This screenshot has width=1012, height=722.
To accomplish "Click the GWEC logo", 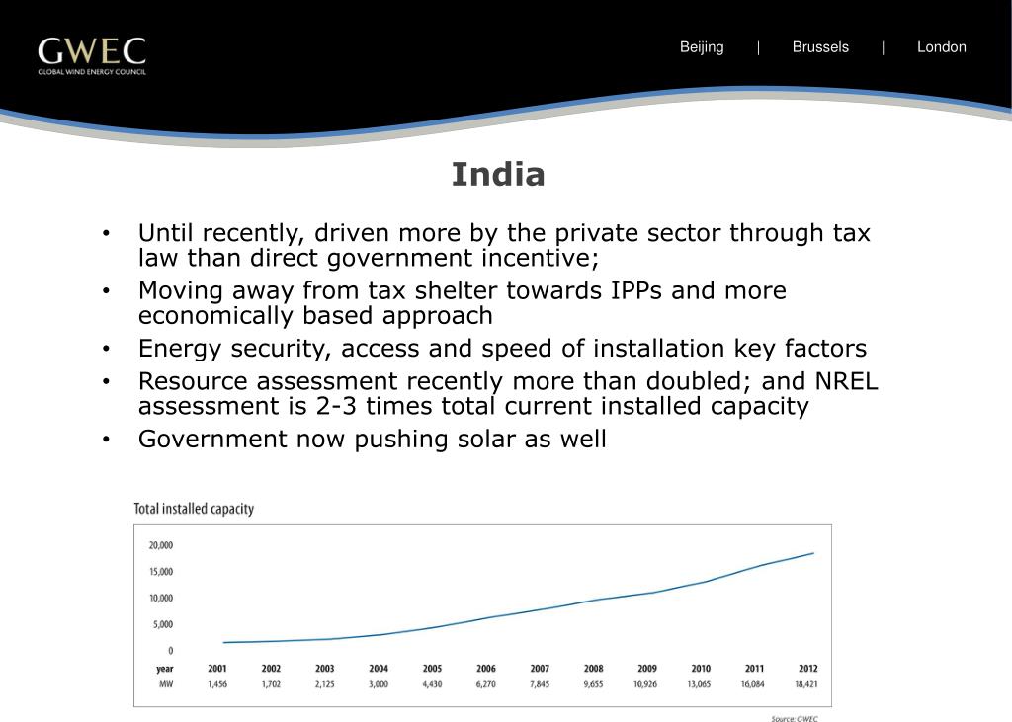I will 92,55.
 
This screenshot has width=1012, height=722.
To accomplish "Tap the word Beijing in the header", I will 702,47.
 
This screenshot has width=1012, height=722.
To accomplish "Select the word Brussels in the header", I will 820,47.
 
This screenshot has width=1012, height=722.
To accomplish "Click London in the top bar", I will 941,47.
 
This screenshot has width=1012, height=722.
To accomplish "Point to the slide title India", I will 498,175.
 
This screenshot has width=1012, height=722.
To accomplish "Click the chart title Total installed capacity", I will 194,509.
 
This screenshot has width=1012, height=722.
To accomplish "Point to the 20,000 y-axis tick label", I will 161,545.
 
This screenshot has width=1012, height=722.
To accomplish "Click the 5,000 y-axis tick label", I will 161,624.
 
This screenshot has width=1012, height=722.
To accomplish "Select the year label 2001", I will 217,669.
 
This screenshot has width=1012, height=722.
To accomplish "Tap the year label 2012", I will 806,669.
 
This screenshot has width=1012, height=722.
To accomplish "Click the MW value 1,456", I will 217,683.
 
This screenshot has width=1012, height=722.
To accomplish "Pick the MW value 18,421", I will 806,683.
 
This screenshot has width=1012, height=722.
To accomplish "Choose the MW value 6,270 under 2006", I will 485,683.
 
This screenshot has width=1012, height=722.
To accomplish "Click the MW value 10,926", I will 646,683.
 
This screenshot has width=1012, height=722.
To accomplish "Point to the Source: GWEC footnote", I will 795,718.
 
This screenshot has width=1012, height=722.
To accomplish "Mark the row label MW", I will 166,683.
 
